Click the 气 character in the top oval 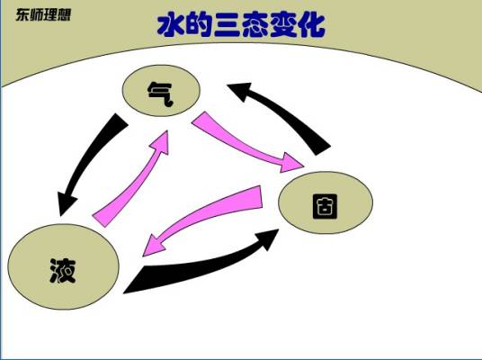[161, 94]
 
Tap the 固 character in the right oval [325, 206]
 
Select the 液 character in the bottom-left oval [63, 271]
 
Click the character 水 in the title [171, 25]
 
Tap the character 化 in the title [311, 25]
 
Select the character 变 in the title [283, 25]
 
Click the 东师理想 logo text [43, 14]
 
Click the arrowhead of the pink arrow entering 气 [162, 142]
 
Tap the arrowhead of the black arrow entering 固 [267, 238]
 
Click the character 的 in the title [199, 25]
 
